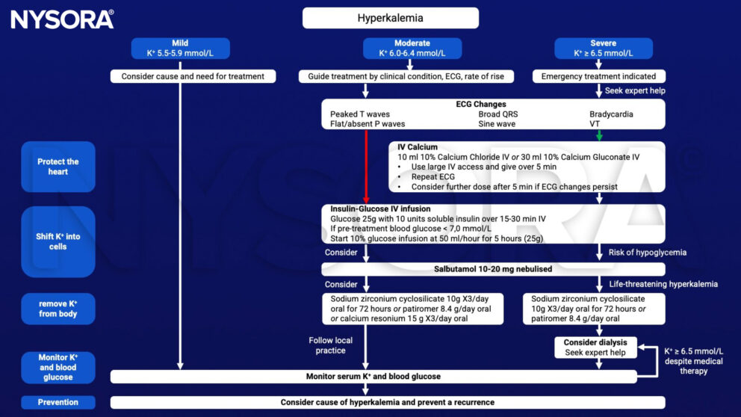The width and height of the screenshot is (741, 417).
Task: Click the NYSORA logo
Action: [63, 19]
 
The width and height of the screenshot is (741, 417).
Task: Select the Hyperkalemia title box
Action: [391, 18]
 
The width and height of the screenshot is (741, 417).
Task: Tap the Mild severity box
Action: [180, 49]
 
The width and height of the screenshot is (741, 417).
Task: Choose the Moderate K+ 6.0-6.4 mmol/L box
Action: [412, 49]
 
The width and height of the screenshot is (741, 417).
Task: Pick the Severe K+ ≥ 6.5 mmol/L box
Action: [604, 49]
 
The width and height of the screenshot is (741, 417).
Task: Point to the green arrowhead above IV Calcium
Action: [599, 136]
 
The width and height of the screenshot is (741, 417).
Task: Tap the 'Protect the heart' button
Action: [58, 167]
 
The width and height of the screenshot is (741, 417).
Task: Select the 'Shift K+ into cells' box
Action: [58, 241]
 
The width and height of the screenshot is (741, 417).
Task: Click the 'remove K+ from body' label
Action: [58, 309]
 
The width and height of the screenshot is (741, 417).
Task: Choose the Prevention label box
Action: [58, 402]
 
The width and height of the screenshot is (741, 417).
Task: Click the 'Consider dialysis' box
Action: [595, 347]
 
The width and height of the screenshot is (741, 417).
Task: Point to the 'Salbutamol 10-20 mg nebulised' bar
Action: [493, 269]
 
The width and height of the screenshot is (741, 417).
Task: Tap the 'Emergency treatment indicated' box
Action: [599, 76]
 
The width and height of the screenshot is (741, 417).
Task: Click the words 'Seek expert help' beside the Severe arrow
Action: [635, 90]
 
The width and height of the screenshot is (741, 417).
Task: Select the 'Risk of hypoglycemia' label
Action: [648, 253]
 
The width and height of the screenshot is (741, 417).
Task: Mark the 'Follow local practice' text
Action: [330, 345]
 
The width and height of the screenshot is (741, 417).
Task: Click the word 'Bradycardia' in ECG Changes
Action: [611, 114]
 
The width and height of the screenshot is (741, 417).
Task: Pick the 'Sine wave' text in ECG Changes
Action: [497, 124]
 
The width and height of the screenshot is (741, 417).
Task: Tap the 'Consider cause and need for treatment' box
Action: [193, 76]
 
